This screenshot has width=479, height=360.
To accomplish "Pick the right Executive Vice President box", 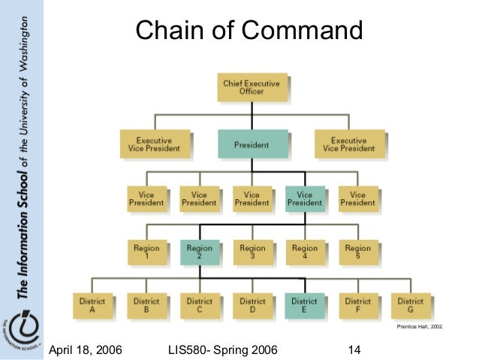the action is coord(349,144).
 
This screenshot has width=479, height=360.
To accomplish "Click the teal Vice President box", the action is coord(305,198).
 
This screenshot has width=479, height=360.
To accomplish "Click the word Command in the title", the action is coord(306,32).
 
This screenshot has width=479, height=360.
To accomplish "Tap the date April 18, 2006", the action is coord(87,349).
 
